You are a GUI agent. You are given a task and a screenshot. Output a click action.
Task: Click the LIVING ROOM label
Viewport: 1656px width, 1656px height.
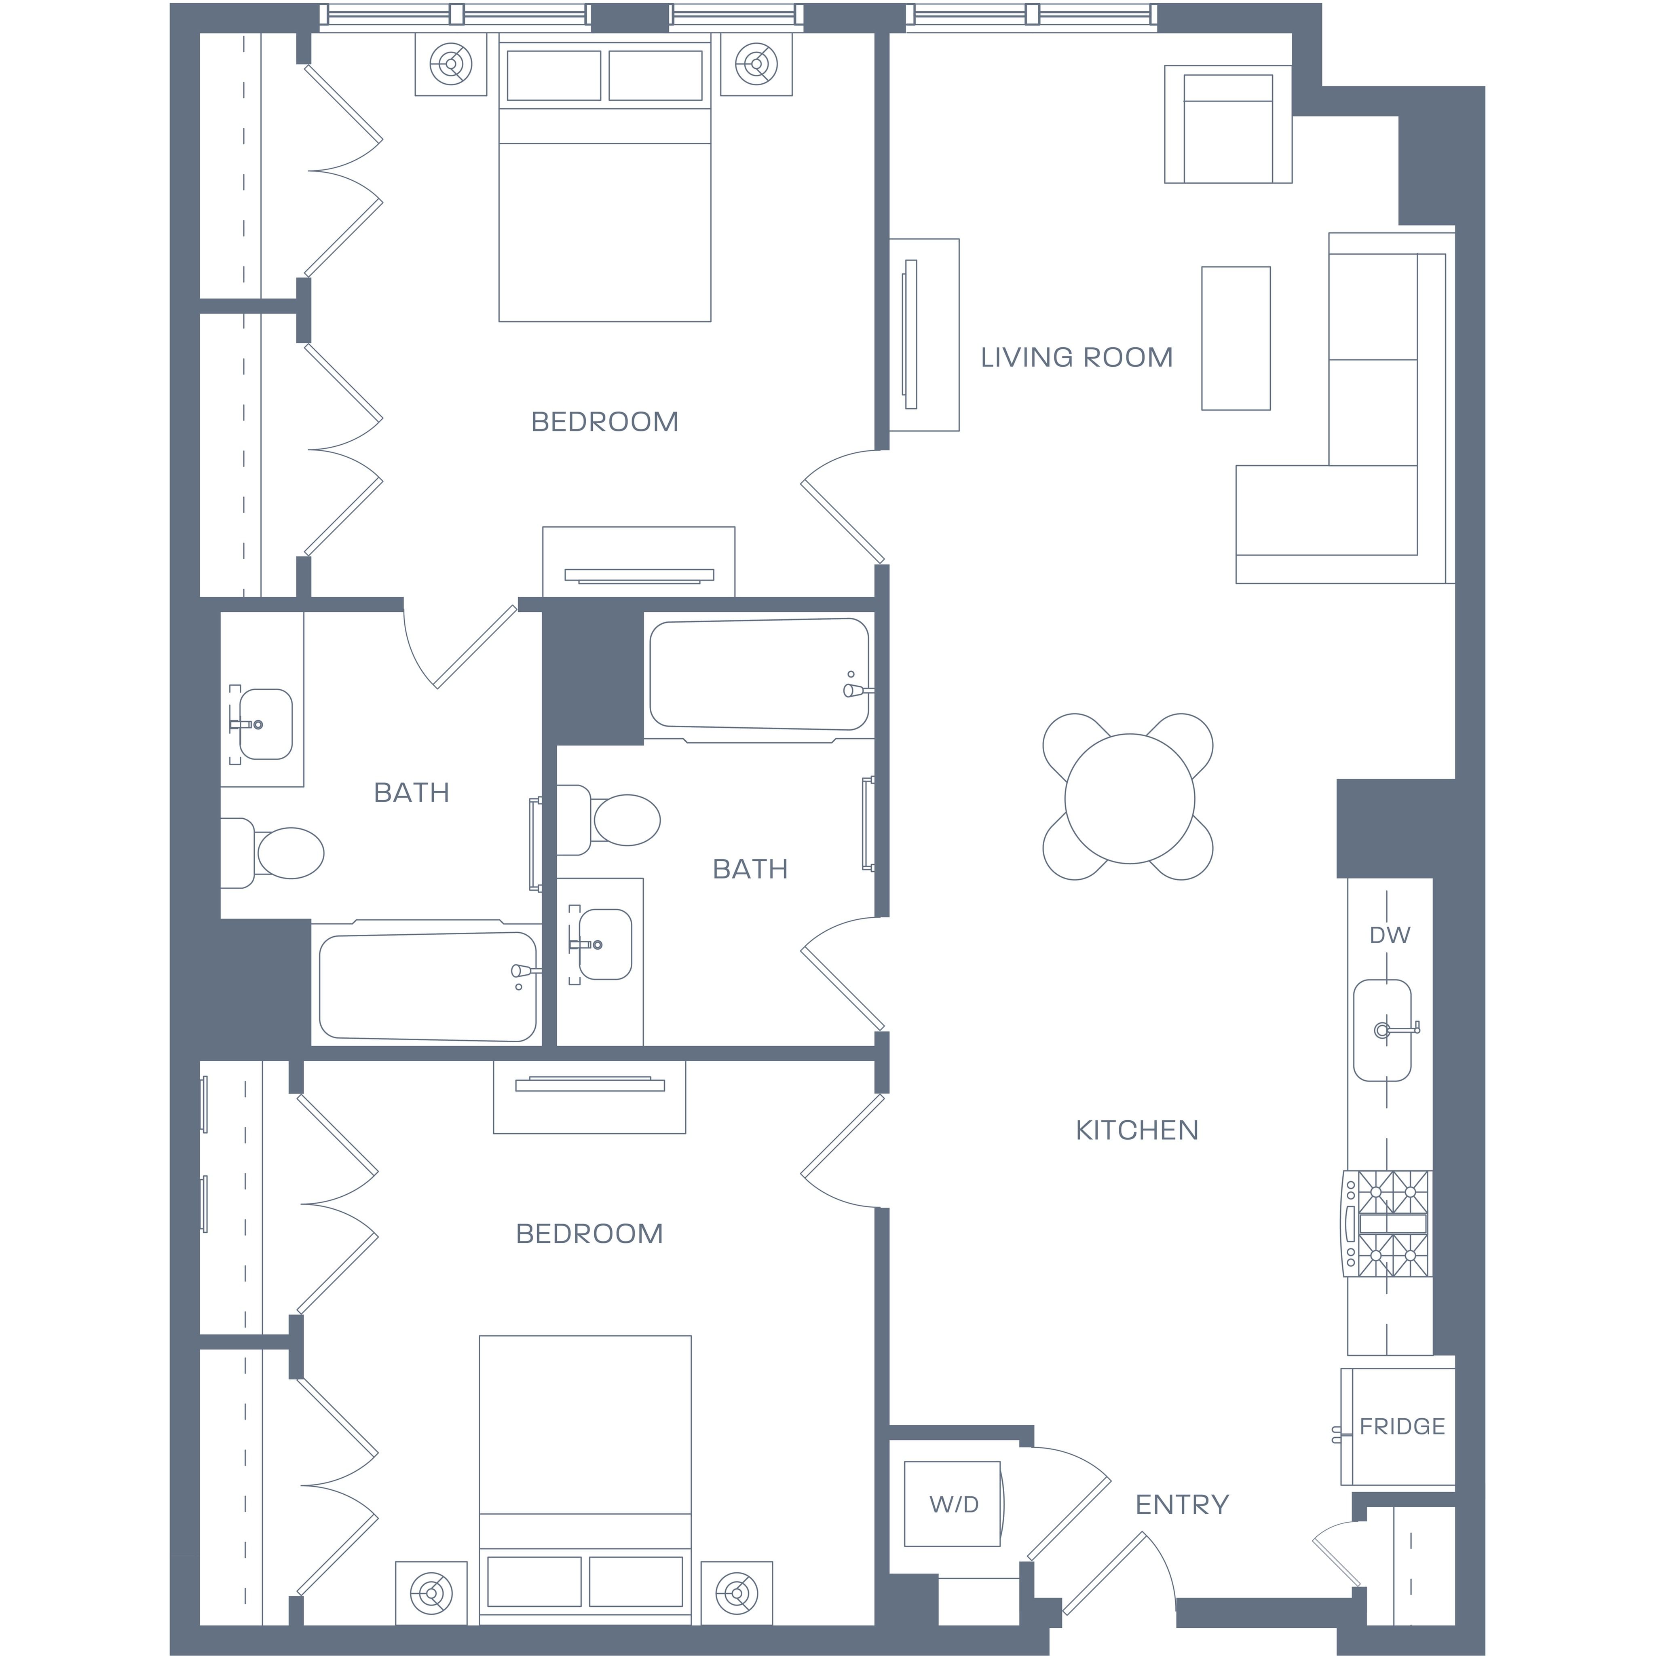point(1077,357)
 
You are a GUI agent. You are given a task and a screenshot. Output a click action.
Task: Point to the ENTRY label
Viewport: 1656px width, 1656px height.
point(1182,1504)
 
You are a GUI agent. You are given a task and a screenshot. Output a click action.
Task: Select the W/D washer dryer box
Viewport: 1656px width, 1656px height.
point(952,1504)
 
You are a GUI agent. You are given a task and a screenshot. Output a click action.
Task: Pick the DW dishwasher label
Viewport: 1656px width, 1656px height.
point(1390,935)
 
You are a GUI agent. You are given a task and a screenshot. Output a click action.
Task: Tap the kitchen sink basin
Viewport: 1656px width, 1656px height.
point(1382,1030)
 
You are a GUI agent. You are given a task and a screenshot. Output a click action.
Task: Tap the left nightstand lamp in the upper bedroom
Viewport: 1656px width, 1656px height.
point(451,64)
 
